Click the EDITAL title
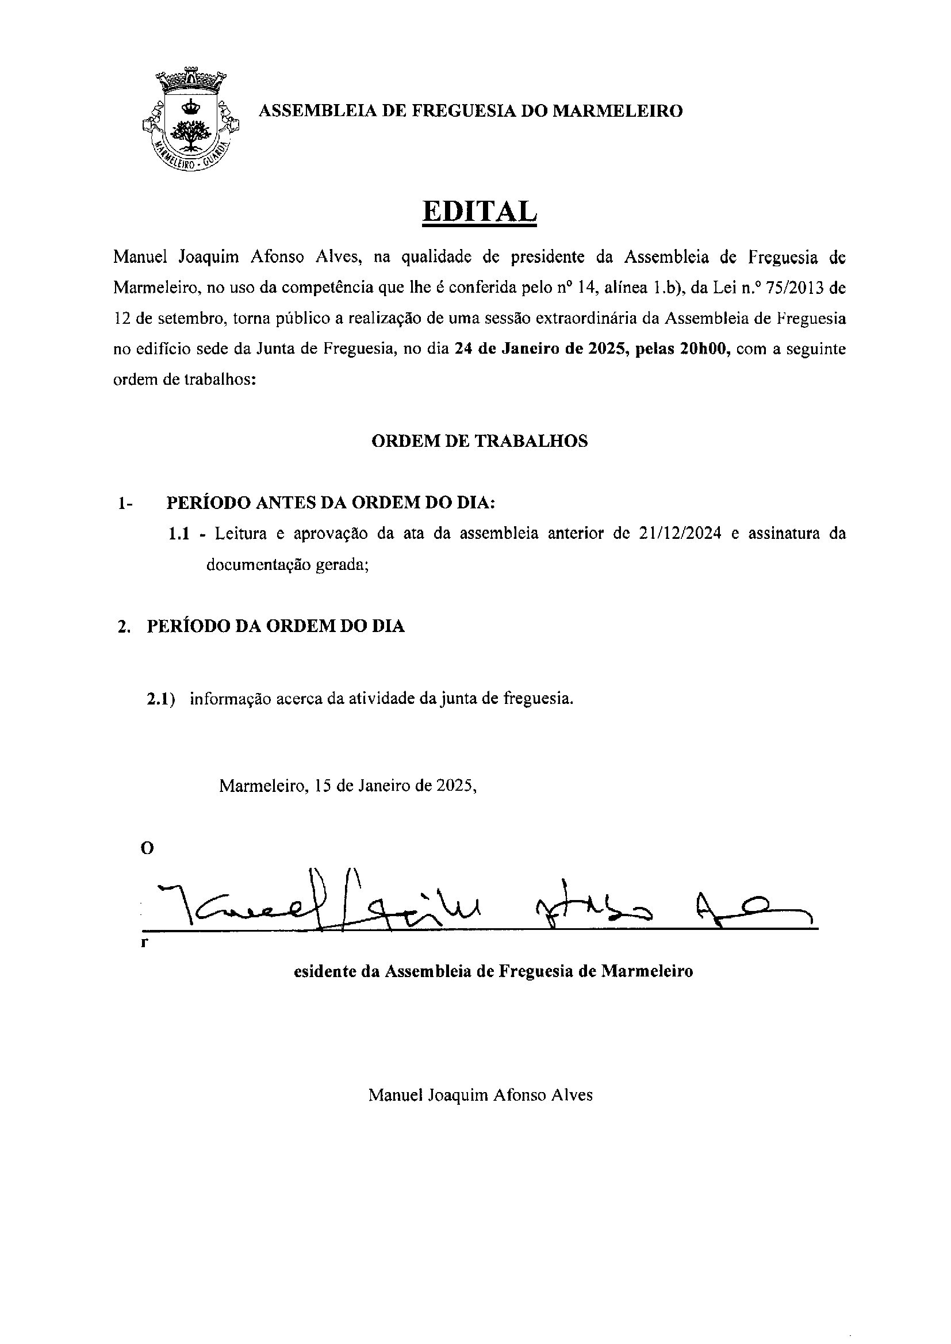point(479,212)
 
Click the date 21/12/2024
point(676,534)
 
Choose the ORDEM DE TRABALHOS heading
point(479,441)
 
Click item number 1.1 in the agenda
point(179,534)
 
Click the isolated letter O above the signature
point(147,849)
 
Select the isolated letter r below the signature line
point(144,943)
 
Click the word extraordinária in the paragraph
point(593,319)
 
